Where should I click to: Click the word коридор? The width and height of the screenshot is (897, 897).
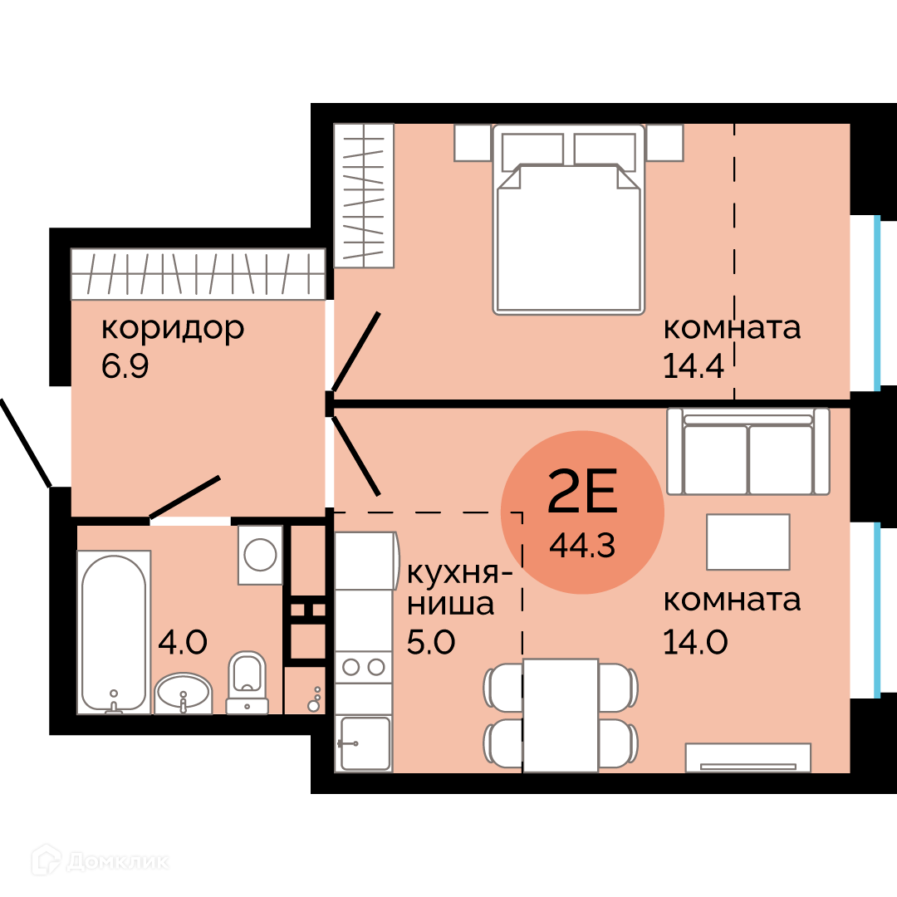pyautogui.click(x=173, y=330)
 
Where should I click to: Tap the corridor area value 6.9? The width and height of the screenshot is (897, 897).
pyautogui.click(x=125, y=366)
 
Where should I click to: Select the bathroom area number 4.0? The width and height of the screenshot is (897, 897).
pyautogui.click(x=183, y=642)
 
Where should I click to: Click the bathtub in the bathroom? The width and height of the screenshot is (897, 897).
pyautogui.click(x=114, y=632)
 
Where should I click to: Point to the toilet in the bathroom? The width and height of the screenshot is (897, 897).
pyautogui.click(x=248, y=683)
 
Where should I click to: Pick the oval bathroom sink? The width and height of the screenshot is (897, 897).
pyautogui.click(x=183, y=694)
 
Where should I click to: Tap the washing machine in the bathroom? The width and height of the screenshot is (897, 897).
pyautogui.click(x=260, y=555)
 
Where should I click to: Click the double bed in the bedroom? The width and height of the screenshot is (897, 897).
pyautogui.click(x=569, y=219)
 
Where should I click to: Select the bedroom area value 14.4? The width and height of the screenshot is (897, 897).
pyautogui.click(x=693, y=366)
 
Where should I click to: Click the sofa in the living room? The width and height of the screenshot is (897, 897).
pyautogui.click(x=748, y=451)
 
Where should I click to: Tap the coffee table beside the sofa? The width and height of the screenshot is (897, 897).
pyautogui.click(x=748, y=542)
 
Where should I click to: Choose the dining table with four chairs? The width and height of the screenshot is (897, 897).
pyautogui.click(x=561, y=715)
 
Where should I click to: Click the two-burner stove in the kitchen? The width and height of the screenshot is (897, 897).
pyautogui.click(x=363, y=667)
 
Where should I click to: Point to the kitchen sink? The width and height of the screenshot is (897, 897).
pyautogui.click(x=365, y=743)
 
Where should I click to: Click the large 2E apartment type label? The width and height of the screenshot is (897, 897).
pyautogui.click(x=582, y=491)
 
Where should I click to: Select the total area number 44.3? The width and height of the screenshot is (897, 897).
pyautogui.click(x=582, y=546)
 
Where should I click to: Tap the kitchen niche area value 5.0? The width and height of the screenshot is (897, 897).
pyautogui.click(x=431, y=642)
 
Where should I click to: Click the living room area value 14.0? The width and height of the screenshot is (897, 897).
pyautogui.click(x=695, y=642)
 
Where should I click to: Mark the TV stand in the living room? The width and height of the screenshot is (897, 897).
pyautogui.click(x=748, y=757)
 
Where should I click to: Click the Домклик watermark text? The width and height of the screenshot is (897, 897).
pyautogui.click(x=118, y=862)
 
